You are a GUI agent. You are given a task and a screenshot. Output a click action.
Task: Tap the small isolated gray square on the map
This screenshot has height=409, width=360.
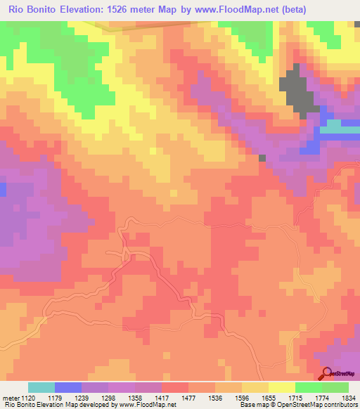point(262,159)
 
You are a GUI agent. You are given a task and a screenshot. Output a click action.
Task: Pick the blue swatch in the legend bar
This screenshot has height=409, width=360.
point(67,387)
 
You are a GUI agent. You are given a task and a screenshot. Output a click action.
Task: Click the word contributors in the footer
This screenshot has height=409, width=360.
point(340,405)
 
